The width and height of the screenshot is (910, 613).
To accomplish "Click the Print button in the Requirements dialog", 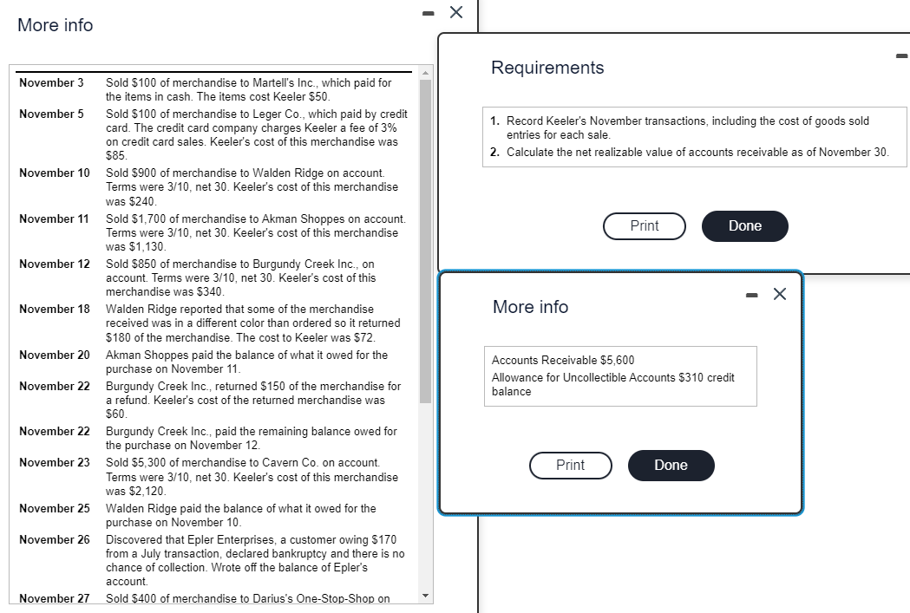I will [645, 225].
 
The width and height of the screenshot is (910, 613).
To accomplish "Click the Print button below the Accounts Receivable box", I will [570, 465].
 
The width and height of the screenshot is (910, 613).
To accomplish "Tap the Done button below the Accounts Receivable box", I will [671, 465].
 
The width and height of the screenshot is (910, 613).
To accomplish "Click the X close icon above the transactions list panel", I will [456, 12].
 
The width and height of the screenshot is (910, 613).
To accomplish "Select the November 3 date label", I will [51, 83].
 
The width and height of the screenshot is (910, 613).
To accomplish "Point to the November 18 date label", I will [54, 310].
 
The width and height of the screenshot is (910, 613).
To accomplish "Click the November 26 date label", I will [54, 539].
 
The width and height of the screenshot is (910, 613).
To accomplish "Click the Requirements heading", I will [547, 68].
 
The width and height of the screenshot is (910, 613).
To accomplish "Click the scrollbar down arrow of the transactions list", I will [425, 596].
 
